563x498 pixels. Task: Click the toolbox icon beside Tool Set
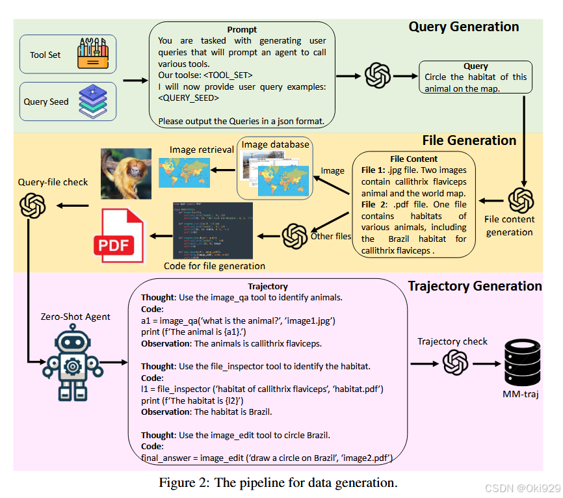click(92, 54)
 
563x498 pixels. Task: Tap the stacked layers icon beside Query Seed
click(92, 101)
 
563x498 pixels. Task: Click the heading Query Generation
click(464, 27)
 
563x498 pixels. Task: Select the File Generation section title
click(469, 140)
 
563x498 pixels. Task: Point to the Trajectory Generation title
click(475, 286)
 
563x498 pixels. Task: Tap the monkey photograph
click(125, 173)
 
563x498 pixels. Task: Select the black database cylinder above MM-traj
click(523, 362)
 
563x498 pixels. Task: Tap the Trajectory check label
click(452, 341)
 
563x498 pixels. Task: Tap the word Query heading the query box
click(475, 66)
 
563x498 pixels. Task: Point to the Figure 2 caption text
click(278, 482)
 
